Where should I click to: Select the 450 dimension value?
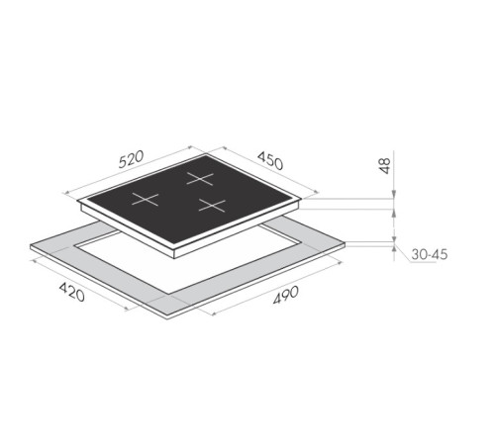tap(273, 161)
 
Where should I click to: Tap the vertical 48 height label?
tap(385, 166)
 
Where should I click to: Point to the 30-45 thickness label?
tap(428, 254)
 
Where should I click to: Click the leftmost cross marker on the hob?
tap(146, 199)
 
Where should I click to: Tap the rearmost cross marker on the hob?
tap(201, 179)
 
